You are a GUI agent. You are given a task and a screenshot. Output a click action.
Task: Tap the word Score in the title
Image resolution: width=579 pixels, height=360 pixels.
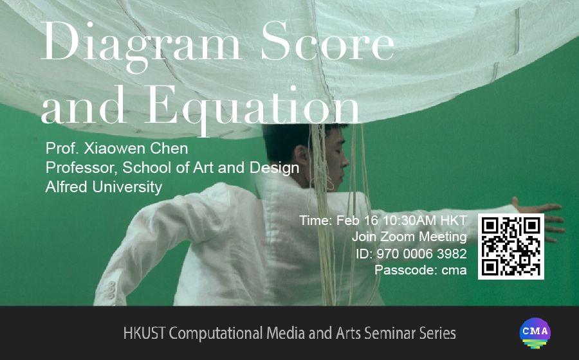[x=328, y=41]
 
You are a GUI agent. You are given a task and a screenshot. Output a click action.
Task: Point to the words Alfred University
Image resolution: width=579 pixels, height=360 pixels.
[x=104, y=187]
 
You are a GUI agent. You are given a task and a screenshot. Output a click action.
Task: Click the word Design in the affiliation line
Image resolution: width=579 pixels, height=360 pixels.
[x=274, y=168]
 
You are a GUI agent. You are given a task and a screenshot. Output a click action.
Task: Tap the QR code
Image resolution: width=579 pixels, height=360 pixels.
[x=511, y=246]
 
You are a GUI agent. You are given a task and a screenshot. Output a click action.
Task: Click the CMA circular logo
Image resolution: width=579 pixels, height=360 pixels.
[x=535, y=333]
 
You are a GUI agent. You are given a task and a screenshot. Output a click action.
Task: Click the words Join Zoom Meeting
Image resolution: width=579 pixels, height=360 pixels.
[x=409, y=237]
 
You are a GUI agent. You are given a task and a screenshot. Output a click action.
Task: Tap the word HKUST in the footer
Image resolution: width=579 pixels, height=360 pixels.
[x=144, y=333]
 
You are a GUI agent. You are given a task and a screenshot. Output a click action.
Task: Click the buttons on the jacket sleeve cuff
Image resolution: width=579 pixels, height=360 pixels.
[x=111, y=290]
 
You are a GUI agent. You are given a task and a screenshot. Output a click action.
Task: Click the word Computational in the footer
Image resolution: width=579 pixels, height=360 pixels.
[x=216, y=334]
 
